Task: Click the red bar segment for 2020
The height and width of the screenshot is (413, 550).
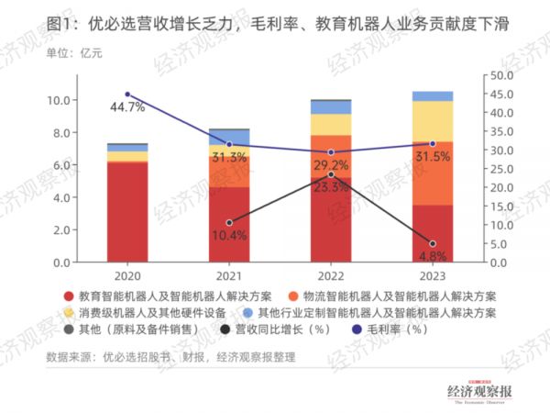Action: [x=127, y=211]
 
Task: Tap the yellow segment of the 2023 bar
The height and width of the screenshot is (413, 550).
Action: [x=432, y=120]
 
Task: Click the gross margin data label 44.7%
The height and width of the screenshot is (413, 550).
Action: [x=127, y=108]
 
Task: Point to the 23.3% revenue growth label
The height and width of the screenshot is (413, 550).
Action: [x=332, y=186]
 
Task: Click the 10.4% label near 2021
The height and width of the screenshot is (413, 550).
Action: [x=229, y=235]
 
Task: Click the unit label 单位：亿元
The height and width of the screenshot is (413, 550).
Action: [x=75, y=53]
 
